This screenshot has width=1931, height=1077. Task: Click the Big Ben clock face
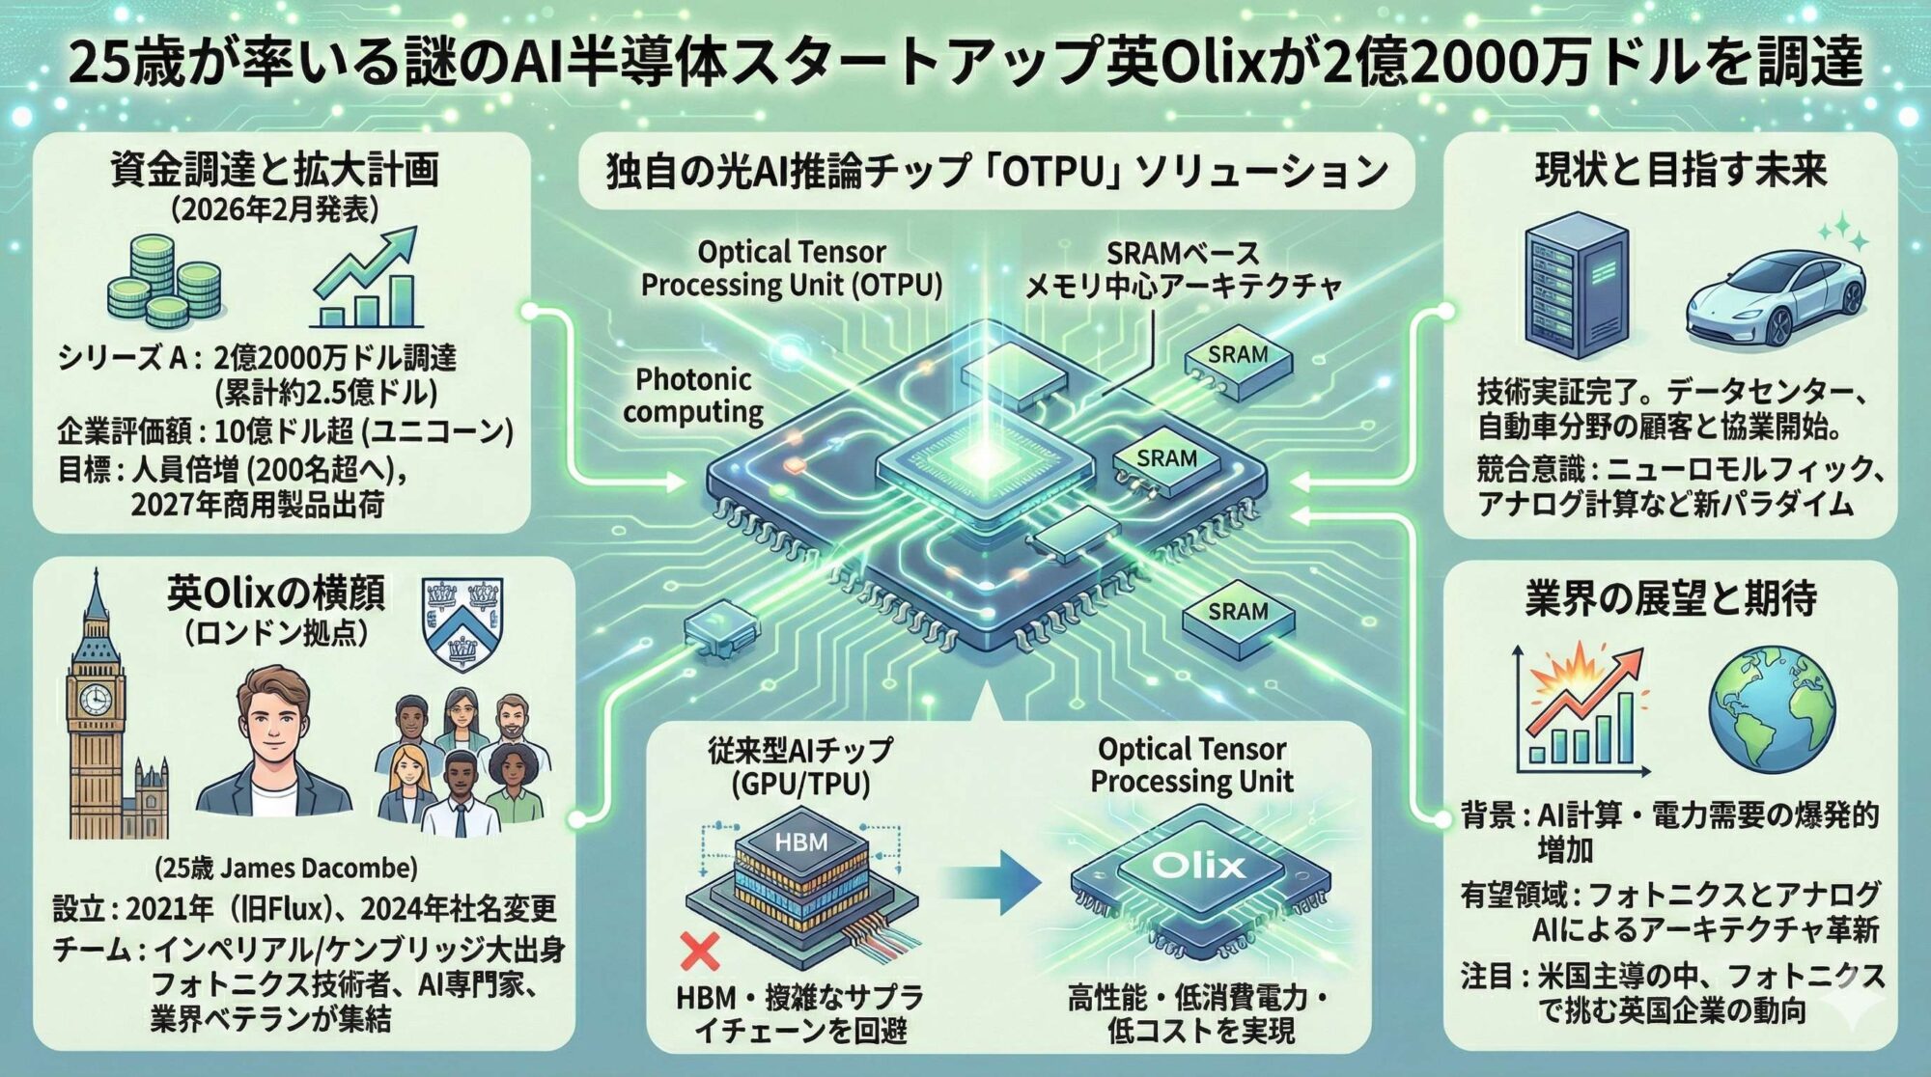pos(95,698)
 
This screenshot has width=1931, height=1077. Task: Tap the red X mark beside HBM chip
pos(699,951)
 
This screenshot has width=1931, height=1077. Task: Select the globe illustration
pos(1772,710)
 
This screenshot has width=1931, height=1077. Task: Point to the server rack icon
pos(1577,285)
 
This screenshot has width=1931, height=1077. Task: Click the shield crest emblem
pos(462,622)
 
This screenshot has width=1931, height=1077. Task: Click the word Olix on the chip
pos(1198,865)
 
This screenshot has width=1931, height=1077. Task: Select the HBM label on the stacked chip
pos(800,842)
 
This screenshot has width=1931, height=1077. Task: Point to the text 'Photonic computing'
pos(693,396)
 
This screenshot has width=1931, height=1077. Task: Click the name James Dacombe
pos(319,868)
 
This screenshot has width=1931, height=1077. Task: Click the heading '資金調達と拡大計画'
pos(274,170)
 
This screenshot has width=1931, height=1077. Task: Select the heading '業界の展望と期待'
pos(1670,598)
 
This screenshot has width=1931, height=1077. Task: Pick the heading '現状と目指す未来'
pos(1681,170)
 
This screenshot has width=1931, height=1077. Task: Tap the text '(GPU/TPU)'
pos(800,784)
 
